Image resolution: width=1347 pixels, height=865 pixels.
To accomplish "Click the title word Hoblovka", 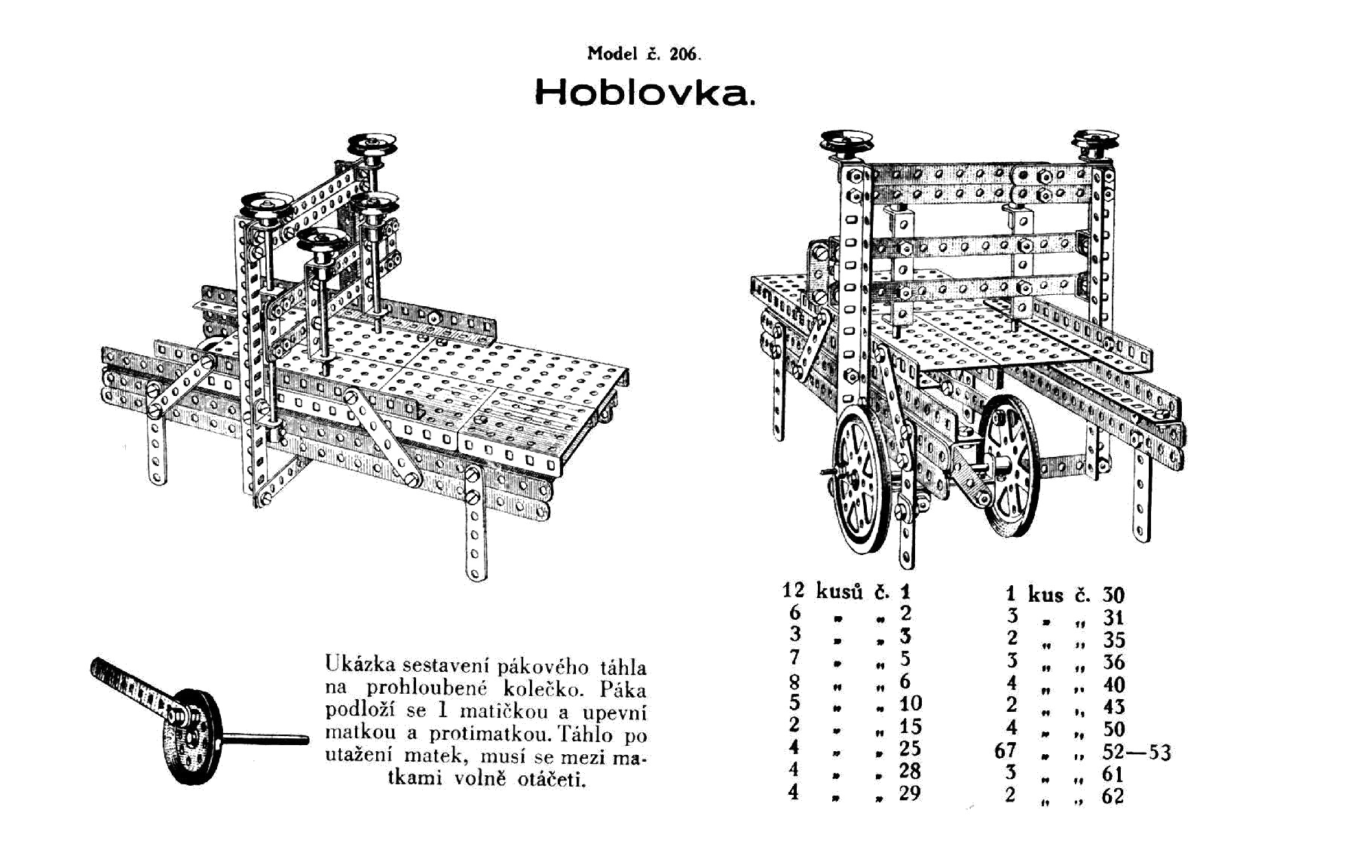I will (x=643, y=93).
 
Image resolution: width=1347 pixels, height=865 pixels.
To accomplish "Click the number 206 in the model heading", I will (x=684, y=54).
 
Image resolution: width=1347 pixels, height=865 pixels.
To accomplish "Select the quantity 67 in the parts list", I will (x=1006, y=751).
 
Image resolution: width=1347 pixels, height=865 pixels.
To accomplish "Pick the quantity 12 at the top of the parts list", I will (x=794, y=590).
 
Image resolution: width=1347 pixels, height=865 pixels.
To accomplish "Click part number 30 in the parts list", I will (x=1113, y=595).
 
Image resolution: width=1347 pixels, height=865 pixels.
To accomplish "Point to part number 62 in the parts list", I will (x=1113, y=796).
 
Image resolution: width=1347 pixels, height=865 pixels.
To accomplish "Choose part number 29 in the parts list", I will (x=910, y=793).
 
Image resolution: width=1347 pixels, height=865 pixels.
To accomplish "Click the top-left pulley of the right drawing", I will (x=846, y=143).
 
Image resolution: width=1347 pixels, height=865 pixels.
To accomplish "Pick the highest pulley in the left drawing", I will (x=372, y=144).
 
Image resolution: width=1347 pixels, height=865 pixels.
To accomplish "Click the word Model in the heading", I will (x=611, y=54).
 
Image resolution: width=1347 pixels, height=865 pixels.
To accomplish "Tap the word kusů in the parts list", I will (x=839, y=592).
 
